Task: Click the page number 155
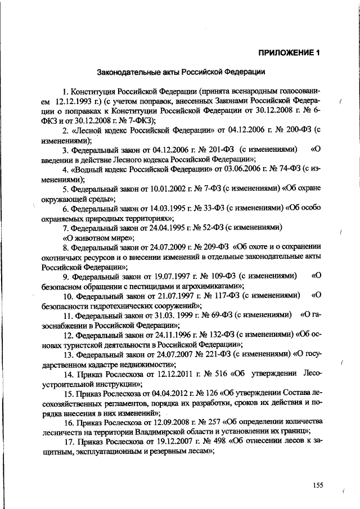(319, 485)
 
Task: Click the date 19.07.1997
(168, 276)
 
